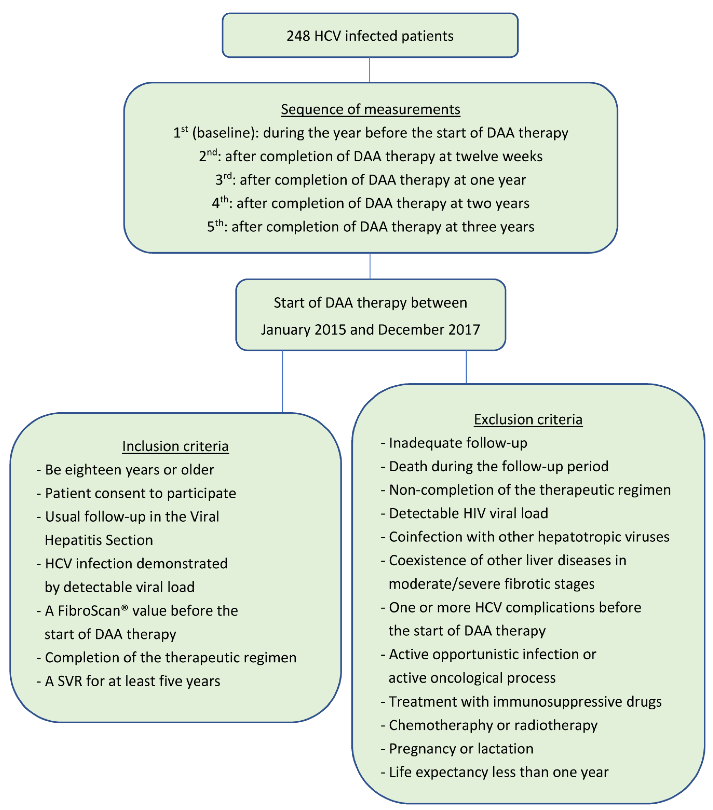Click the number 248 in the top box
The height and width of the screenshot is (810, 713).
pyautogui.click(x=298, y=36)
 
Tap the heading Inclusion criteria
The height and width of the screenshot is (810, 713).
pyautogui.click(x=175, y=446)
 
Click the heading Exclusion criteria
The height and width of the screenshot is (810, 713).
pyautogui.click(x=528, y=419)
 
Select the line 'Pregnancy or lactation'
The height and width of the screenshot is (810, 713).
pyautogui.click(x=461, y=749)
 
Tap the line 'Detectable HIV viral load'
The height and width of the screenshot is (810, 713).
pyautogui.click(x=468, y=513)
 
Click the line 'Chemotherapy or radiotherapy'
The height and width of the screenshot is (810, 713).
pyautogui.click(x=493, y=725)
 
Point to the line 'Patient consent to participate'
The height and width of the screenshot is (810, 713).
pyautogui.click(x=140, y=493)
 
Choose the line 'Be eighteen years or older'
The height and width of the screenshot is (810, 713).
pyautogui.click(x=129, y=470)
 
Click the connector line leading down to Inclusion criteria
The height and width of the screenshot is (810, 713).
pyautogui.click(x=283, y=381)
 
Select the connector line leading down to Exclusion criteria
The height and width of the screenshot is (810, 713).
pyautogui.click(x=466, y=367)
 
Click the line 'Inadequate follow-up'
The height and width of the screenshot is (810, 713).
pyautogui.click(x=458, y=443)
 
